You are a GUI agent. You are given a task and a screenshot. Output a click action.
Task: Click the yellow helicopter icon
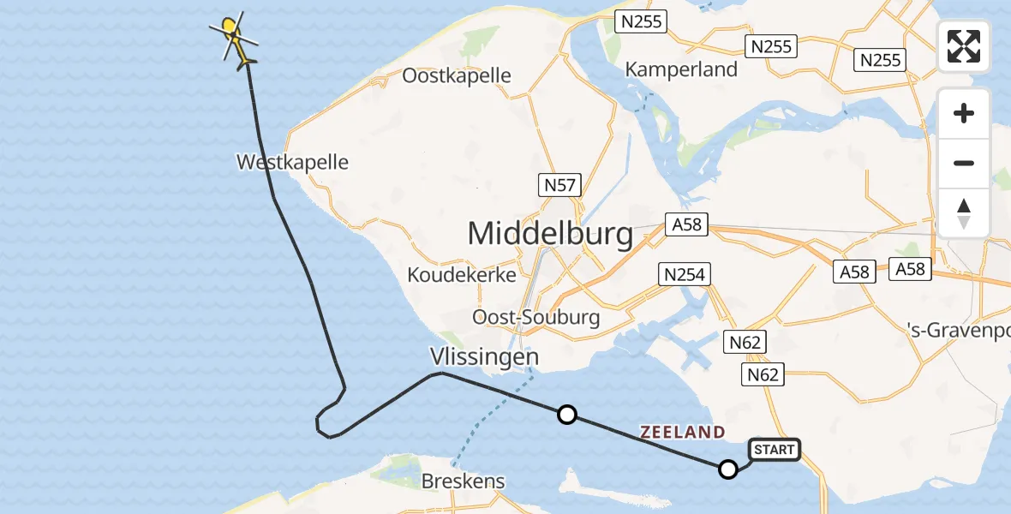pos(234,38)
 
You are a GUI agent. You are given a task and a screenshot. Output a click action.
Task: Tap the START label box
pos(775,449)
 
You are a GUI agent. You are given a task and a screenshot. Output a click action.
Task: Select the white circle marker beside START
pos(727,469)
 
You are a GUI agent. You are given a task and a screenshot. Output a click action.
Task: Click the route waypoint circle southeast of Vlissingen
pos(566,415)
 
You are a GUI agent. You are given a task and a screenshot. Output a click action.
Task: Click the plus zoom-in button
pos(964,113)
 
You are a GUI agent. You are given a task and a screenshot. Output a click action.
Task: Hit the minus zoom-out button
pos(964,163)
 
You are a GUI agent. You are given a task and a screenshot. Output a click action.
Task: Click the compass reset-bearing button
pos(964,212)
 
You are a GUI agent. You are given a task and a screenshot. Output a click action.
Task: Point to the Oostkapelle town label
pos(457,75)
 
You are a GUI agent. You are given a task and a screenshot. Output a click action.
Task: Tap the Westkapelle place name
pos(292,162)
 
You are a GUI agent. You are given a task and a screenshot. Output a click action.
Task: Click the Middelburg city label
pos(550,232)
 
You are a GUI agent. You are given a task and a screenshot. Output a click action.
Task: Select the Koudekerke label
pos(462,275)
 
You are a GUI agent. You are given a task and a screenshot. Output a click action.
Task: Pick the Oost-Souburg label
pos(536,317)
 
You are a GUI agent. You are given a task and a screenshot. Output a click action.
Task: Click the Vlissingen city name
pos(484,356)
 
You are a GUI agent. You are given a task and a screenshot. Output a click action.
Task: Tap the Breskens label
pos(463,481)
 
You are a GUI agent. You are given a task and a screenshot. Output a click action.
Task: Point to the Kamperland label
pos(682,69)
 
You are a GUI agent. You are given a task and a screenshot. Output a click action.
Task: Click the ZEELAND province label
pos(682,433)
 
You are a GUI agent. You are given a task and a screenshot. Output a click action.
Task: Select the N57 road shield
pos(560,184)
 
